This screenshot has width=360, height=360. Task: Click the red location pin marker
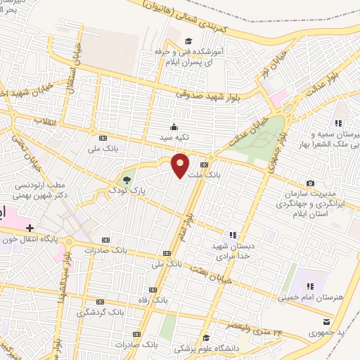pos(181,165)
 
